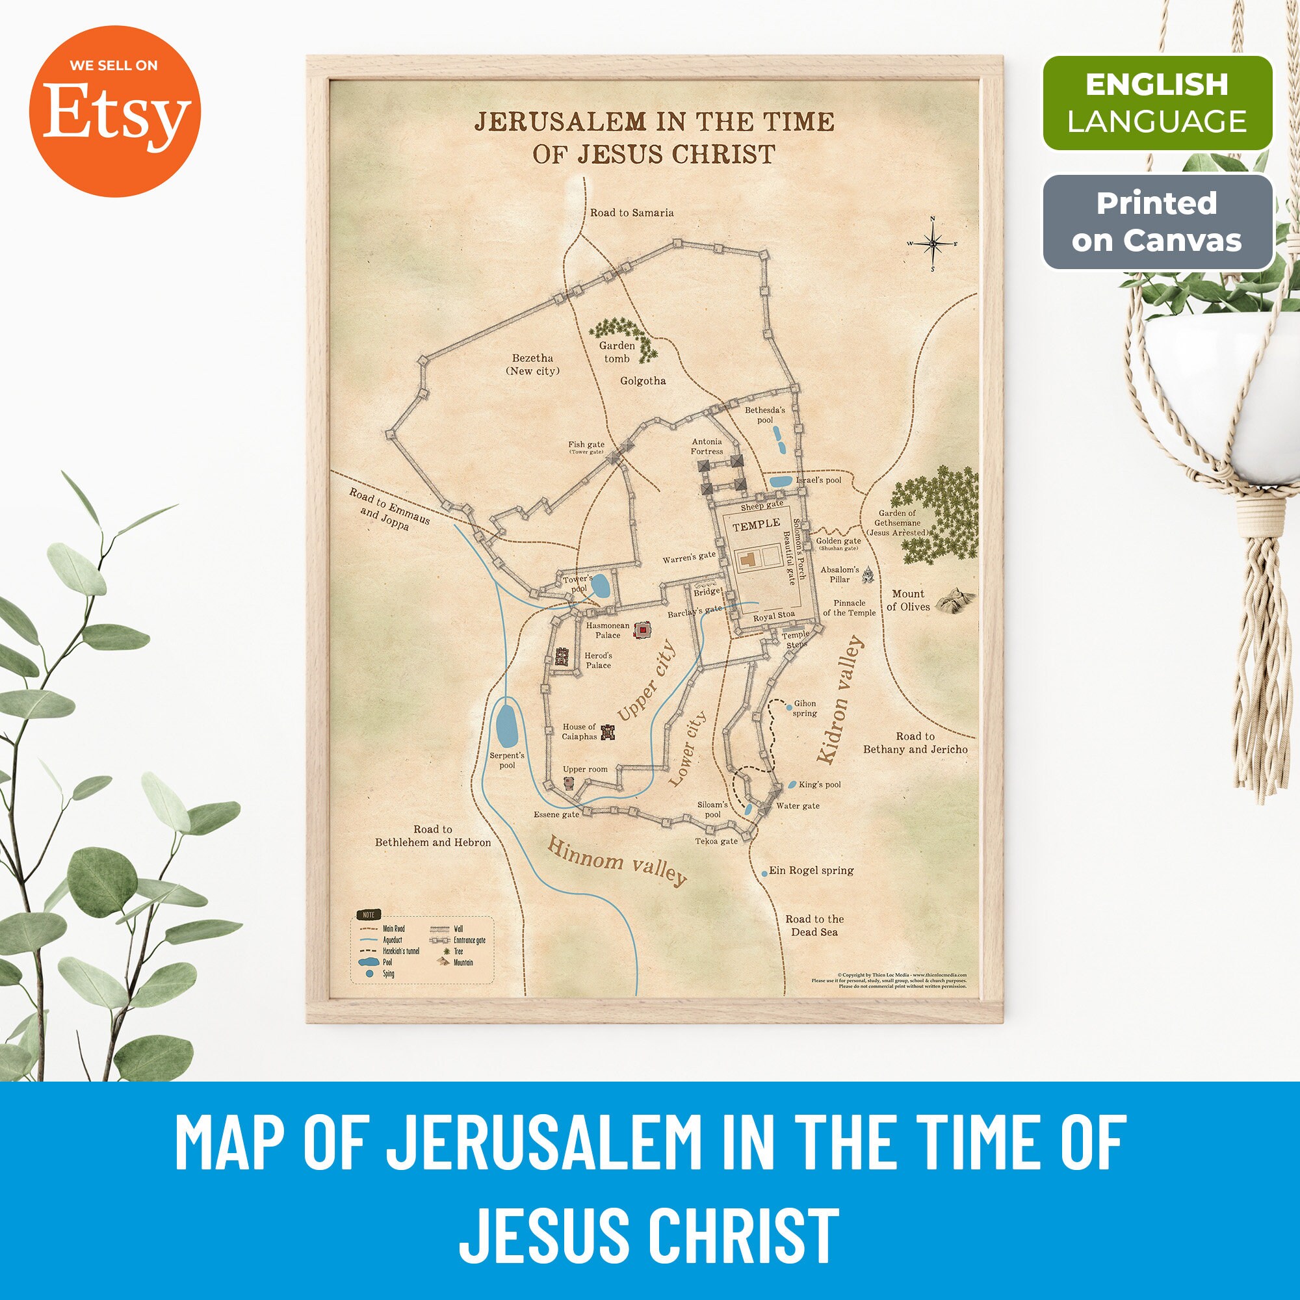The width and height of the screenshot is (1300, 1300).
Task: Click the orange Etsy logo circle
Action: pos(114,111)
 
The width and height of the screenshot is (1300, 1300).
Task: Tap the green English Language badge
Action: pos(1157,103)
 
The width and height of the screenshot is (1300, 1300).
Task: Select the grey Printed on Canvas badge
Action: pos(1157,222)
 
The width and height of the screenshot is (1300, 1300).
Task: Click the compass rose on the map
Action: pos(933,244)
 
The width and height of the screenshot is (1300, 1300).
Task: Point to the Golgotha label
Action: pos(643,381)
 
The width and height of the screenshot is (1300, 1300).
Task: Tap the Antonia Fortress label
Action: pos(707,447)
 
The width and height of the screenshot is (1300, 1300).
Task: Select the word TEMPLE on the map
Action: pos(757,524)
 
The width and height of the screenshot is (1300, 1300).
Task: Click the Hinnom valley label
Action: pos(616,861)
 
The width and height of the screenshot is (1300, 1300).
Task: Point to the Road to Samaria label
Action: pos(631,213)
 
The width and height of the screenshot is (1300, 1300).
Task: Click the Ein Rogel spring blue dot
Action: pos(764,874)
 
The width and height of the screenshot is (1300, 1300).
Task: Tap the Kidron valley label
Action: pos(840,700)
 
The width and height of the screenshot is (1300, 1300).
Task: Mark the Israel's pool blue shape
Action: pos(781,481)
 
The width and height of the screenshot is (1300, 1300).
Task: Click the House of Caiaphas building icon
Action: pos(608,732)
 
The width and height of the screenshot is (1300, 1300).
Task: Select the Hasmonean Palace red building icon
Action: pos(643,629)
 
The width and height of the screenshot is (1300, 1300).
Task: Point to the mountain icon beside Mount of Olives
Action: pos(955,597)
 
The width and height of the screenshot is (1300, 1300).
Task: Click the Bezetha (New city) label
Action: pos(532,365)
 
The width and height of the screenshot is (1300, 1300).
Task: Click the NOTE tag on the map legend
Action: pos(369,915)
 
